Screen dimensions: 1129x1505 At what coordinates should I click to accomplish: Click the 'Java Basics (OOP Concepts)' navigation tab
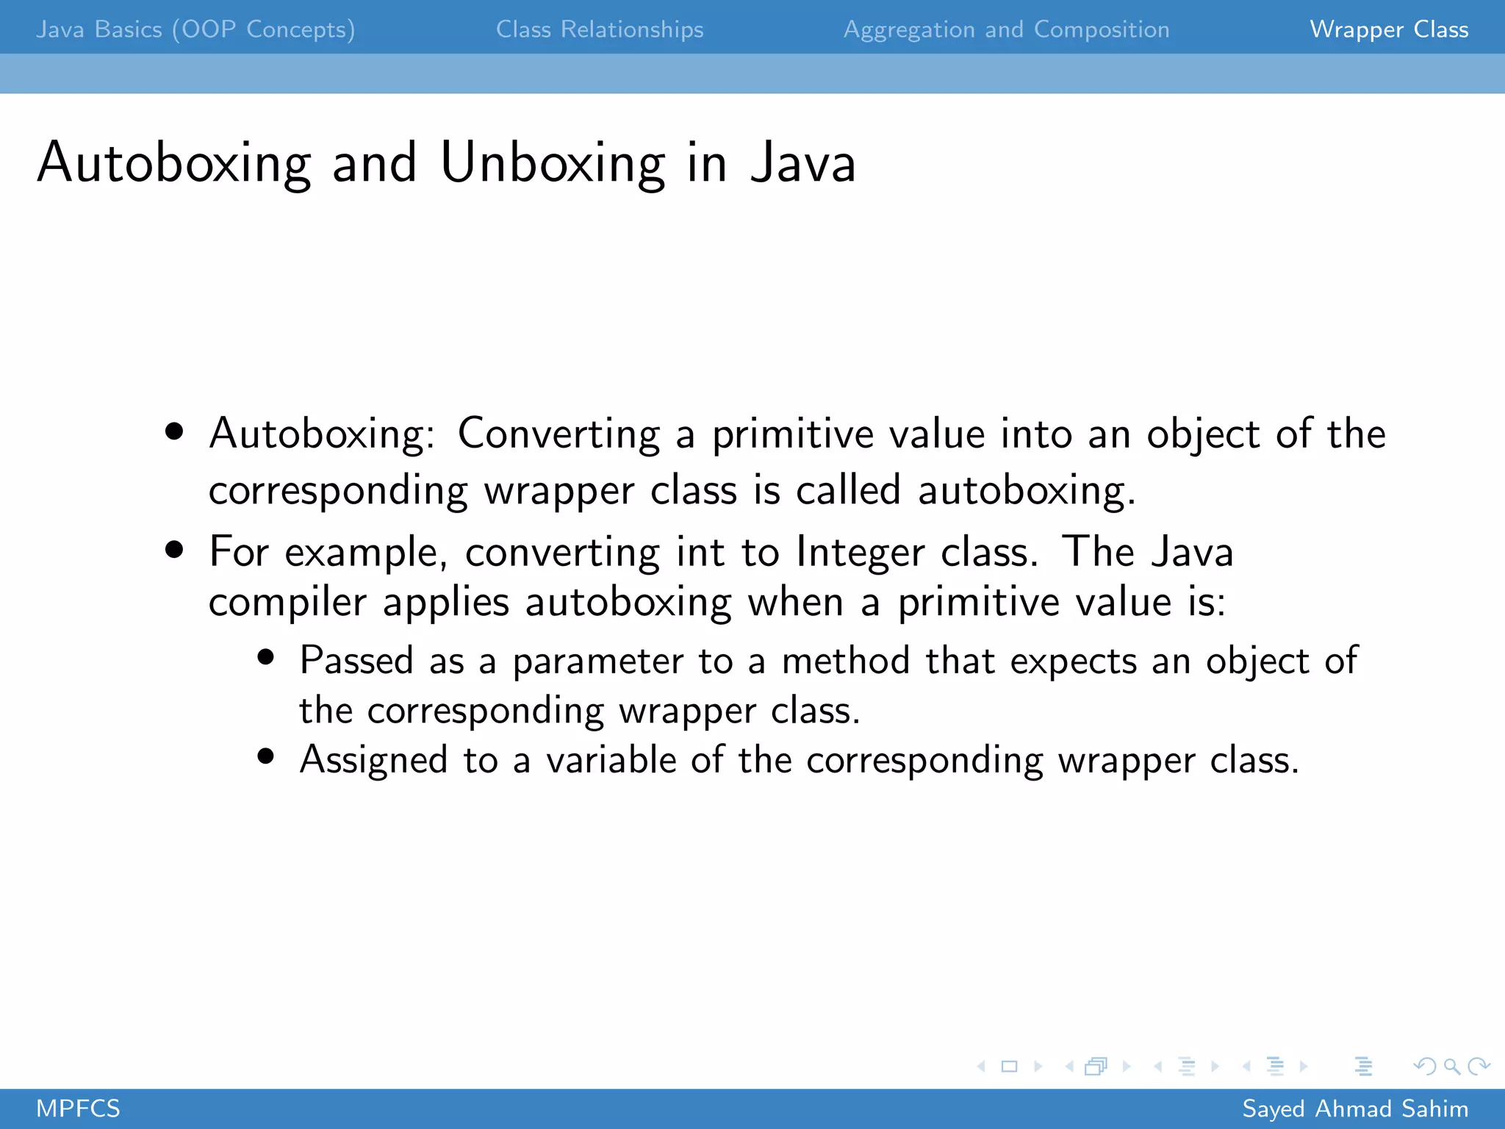(195, 29)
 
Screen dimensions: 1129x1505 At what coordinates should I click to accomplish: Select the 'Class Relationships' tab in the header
(600, 29)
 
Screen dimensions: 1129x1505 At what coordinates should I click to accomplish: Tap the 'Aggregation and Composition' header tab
(1006, 29)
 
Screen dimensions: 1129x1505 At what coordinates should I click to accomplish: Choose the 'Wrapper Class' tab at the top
(1389, 29)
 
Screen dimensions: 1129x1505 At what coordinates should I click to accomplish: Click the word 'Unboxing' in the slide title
(553, 163)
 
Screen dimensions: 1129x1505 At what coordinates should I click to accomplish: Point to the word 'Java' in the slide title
(803, 163)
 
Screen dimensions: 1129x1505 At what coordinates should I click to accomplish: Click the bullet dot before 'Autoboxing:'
(174, 431)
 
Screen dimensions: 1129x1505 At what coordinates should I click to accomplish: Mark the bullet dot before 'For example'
(174, 550)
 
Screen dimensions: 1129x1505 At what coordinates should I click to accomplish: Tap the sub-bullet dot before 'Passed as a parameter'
(266, 657)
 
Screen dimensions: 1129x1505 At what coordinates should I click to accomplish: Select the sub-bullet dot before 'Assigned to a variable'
(266, 756)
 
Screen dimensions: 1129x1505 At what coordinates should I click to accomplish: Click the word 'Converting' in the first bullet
(558, 434)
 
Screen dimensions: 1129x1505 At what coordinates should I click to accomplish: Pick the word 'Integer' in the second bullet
(860, 553)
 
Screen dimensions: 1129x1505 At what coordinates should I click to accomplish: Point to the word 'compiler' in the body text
(287, 603)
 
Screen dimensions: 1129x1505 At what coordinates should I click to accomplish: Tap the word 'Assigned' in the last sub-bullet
(373, 760)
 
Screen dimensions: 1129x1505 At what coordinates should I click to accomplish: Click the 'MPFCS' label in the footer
(78, 1108)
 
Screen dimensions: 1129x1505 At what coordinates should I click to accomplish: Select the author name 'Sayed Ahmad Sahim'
(1355, 1108)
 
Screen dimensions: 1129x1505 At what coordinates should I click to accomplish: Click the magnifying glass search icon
(1451, 1066)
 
